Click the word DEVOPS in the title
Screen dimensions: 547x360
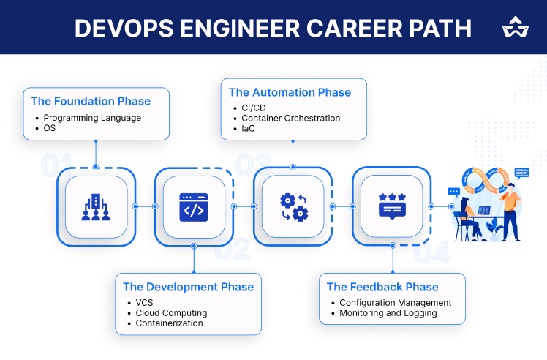[119, 28]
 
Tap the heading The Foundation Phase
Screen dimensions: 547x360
[91, 101]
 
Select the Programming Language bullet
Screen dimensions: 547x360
[92, 117]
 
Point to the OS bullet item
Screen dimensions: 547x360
[50, 128]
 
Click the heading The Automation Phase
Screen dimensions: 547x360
[290, 92]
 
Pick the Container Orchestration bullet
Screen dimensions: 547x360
[290, 118]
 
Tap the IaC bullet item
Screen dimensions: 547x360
[249, 128]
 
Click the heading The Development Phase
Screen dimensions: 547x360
[188, 287]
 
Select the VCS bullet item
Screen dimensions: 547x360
[144, 302]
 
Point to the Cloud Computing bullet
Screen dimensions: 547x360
[171, 312]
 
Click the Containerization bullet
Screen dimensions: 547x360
[170, 323]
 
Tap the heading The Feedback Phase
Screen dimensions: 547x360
[382, 287]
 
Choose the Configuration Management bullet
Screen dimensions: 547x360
[395, 302]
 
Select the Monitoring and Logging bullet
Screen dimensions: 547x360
[388, 312]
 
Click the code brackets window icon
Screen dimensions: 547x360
[193, 206]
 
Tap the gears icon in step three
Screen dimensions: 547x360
[293, 206]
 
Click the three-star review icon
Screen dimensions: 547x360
[392, 206]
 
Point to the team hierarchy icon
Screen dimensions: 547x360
[96, 206]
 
